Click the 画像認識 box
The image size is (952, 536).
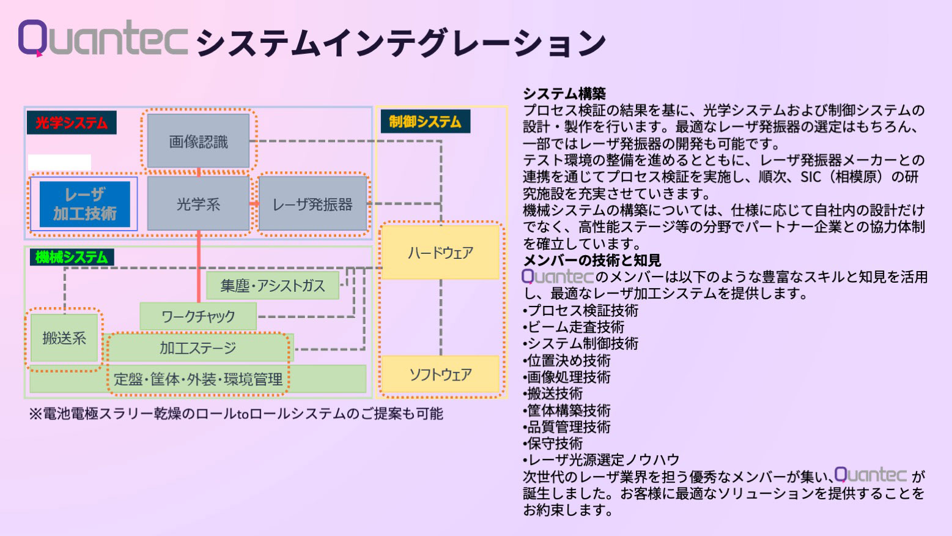coord(198,141)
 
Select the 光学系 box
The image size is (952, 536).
coord(198,204)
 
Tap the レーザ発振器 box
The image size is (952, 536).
coord(312,204)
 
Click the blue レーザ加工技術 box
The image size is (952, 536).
coord(84,204)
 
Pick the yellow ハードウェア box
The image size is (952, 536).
coord(440,252)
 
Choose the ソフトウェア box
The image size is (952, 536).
coord(440,374)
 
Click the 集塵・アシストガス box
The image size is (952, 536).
coord(272,286)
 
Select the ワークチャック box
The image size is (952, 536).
coord(198,316)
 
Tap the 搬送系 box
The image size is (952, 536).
coord(64,338)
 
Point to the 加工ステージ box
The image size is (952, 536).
coord(198,348)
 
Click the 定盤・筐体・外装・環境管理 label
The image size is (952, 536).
coord(198,379)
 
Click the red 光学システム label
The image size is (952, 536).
coord(72,123)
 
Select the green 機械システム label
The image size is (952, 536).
coord(72,257)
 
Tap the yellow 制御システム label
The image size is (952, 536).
coord(425,121)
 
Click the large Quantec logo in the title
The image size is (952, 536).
coord(103,38)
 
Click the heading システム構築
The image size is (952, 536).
coord(564,94)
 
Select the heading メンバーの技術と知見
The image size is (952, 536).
coord(591,261)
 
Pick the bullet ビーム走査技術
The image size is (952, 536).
coord(575,327)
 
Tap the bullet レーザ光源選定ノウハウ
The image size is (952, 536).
coord(602,460)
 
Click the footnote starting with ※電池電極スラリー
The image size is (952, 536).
coord(236,414)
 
